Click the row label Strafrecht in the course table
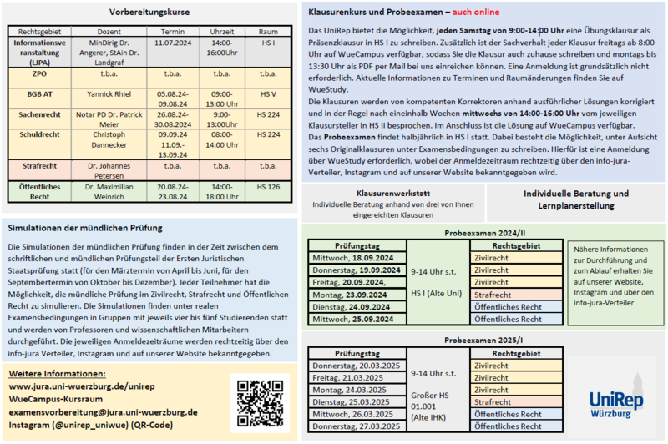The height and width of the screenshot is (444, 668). pos(38,165)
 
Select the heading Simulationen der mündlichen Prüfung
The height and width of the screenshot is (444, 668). pos(84,228)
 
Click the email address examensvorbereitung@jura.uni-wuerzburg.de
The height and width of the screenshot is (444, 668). pos(103,412)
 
